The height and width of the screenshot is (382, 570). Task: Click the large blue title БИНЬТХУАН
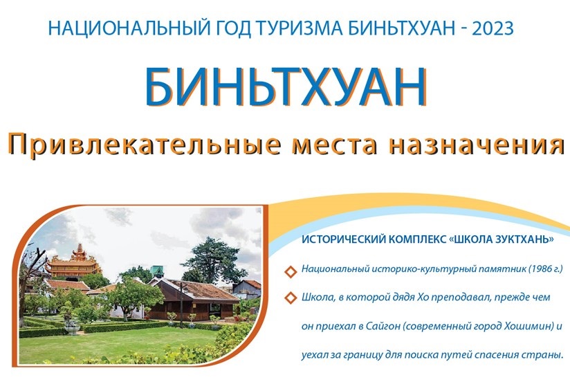285,88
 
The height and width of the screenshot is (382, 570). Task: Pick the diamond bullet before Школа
290,298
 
